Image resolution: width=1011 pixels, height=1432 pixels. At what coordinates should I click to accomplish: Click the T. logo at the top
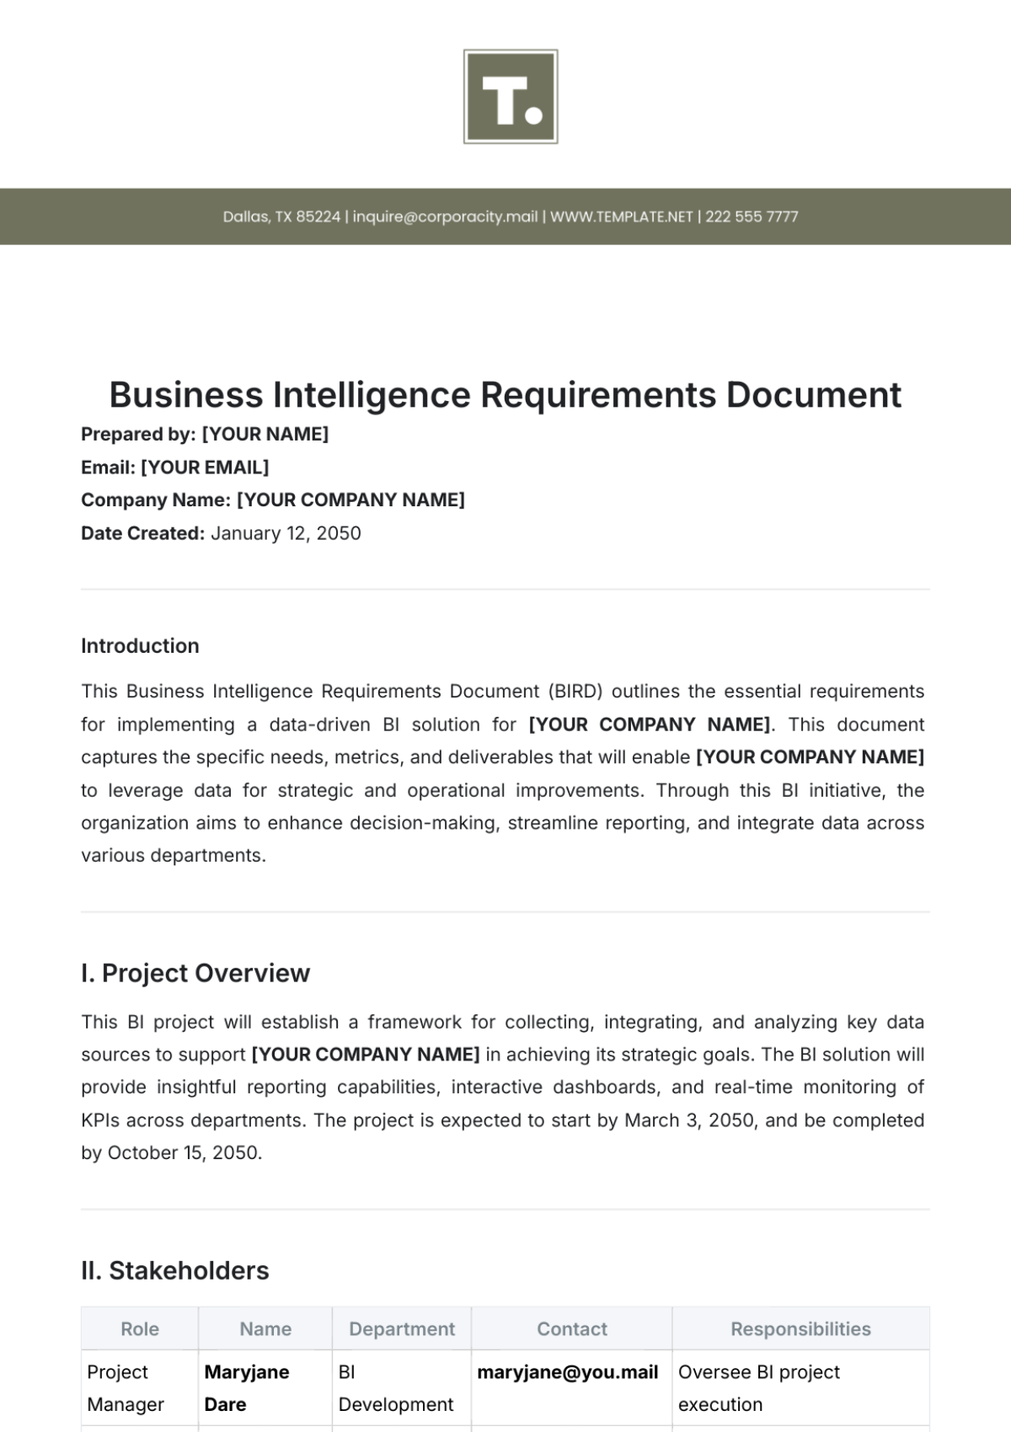tap(511, 97)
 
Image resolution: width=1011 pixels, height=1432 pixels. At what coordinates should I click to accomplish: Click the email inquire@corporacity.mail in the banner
tap(445, 216)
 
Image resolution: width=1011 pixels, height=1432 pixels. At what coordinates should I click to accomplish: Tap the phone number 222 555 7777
tap(752, 216)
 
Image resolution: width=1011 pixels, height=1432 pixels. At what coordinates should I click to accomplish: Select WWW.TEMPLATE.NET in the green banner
tap(621, 216)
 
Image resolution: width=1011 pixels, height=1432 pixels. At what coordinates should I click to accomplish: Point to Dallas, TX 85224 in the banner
tap(281, 216)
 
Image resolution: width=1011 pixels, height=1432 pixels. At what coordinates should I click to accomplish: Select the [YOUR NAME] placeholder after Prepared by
tap(265, 434)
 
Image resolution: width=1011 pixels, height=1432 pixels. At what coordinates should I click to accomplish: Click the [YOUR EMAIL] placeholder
tap(205, 467)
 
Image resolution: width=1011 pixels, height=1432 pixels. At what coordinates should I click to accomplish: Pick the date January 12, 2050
tap(286, 533)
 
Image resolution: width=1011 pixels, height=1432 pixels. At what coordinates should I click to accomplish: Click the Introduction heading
tap(140, 646)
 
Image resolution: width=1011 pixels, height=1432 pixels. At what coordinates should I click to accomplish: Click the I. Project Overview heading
tap(195, 973)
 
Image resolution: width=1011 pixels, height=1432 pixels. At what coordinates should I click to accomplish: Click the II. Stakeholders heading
tap(175, 1270)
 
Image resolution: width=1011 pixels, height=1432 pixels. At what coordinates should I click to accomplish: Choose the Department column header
tap(402, 1328)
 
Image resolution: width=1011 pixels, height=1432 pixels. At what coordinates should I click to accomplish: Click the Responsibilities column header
tap(800, 1328)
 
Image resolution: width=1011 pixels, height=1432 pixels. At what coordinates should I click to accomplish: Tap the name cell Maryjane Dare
tap(247, 1387)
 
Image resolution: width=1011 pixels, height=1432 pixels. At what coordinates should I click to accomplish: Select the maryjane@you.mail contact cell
tap(568, 1372)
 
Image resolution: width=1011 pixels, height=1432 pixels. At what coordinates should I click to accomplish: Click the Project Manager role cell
tap(126, 1387)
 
